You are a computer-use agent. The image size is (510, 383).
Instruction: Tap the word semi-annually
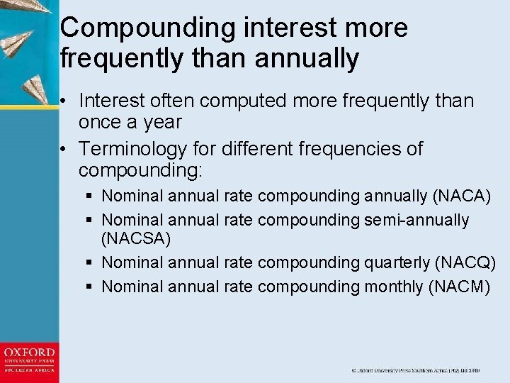click(x=416, y=221)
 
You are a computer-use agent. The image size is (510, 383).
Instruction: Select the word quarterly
click(x=397, y=263)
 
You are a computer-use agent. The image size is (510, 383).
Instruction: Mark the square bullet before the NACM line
click(x=90, y=287)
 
